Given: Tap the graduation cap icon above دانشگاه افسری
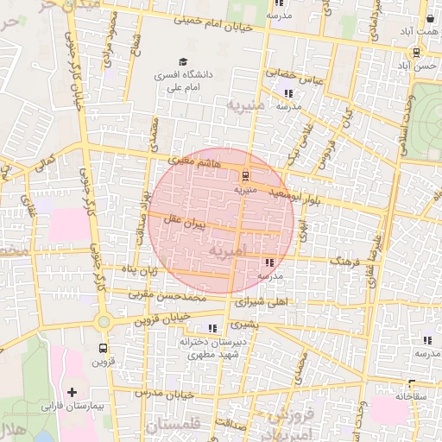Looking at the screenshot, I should point(181,62).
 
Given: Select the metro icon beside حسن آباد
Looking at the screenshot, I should point(415,51).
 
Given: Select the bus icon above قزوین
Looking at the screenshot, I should point(104,349).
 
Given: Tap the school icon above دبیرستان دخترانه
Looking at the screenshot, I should point(212,328).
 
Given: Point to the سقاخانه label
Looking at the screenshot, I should point(412,397).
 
